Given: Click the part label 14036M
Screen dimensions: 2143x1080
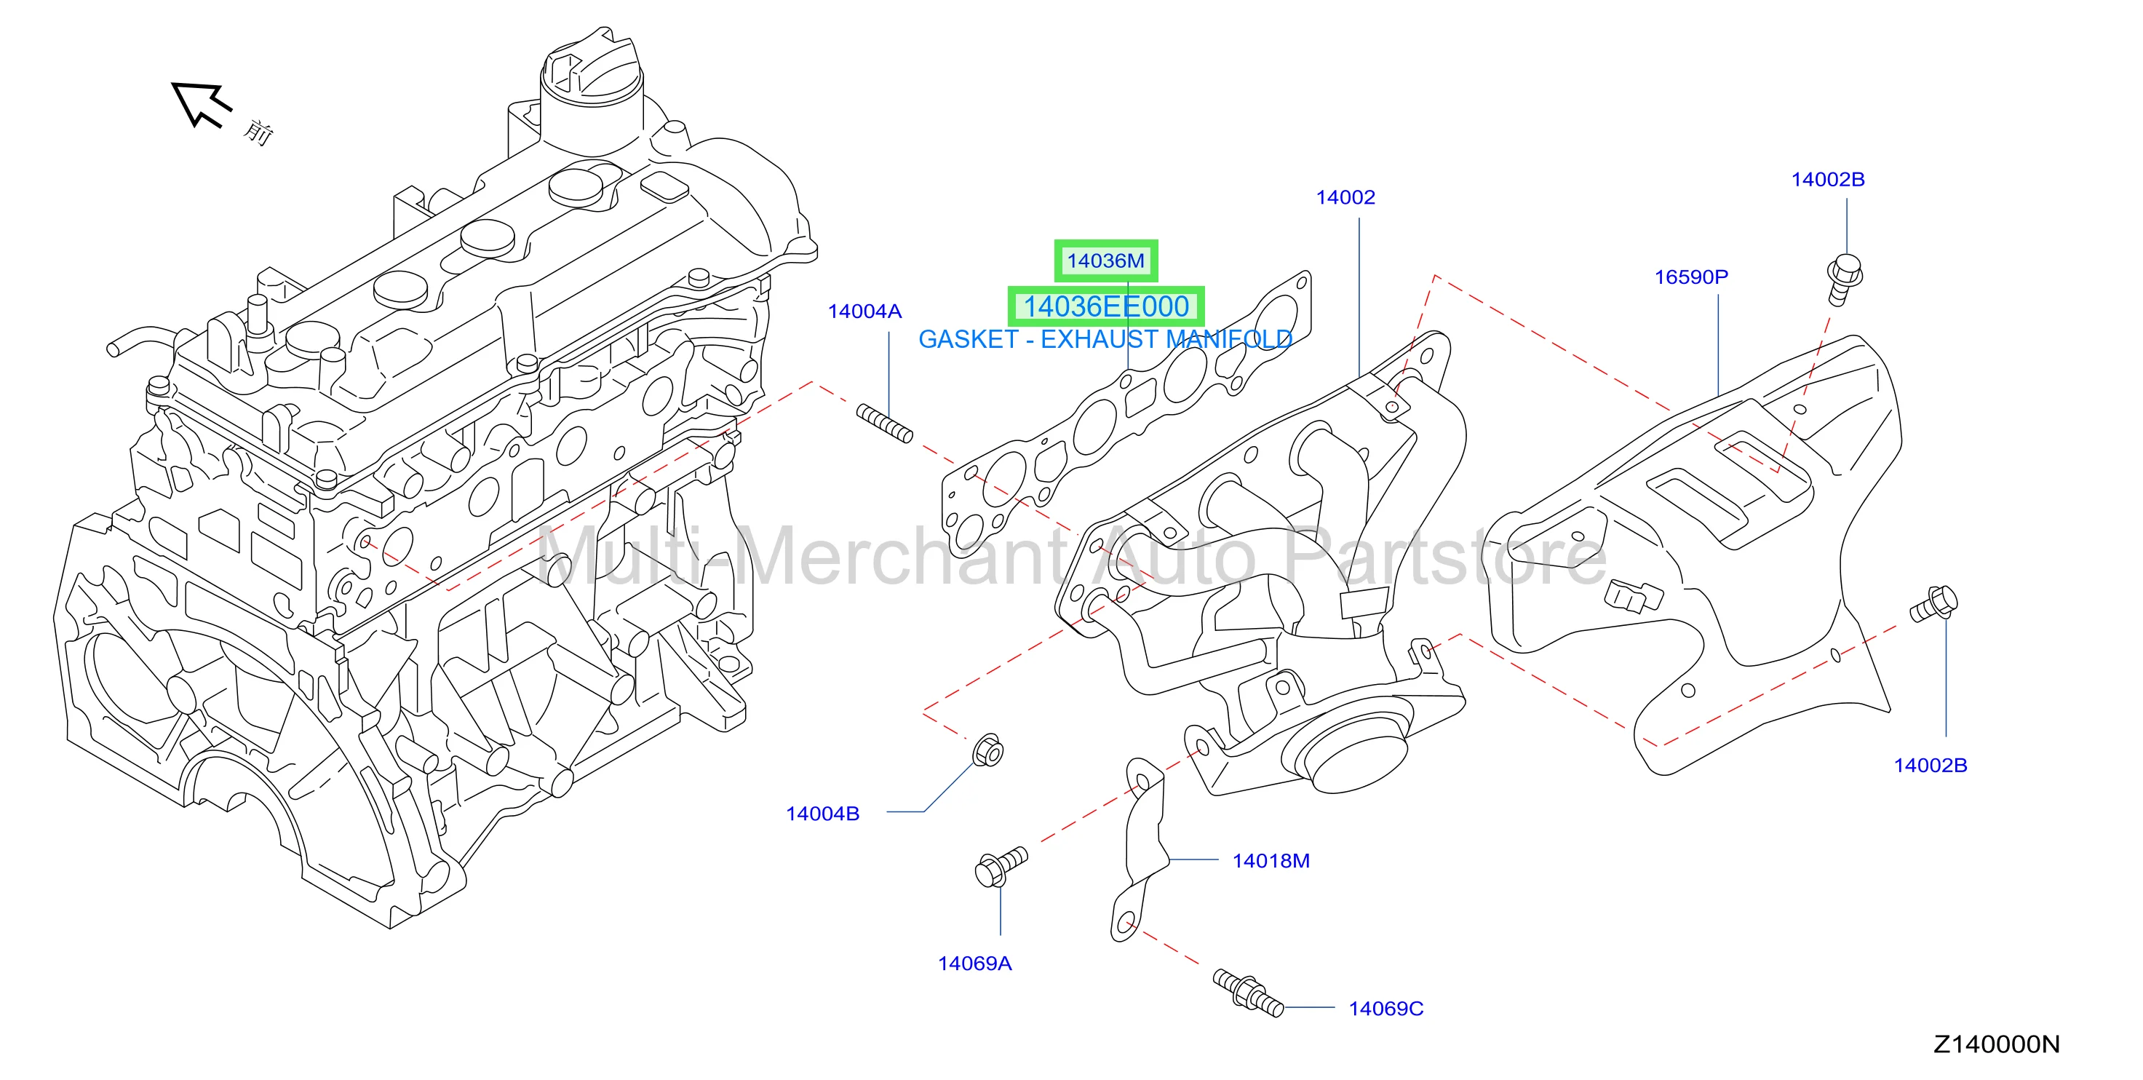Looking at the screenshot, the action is pyautogui.click(x=1105, y=261).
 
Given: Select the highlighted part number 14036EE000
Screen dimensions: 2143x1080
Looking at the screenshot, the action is pyautogui.click(x=1105, y=307).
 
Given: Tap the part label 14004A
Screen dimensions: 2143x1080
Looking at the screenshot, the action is pyautogui.click(x=864, y=311).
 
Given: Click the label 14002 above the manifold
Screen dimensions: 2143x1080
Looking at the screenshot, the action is pyautogui.click(x=1345, y=197).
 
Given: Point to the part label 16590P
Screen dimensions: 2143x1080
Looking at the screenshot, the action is pyautogui.click(x=1690, y=277).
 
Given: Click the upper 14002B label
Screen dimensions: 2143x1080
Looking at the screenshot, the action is pyautogui.click(x=1828, y=180).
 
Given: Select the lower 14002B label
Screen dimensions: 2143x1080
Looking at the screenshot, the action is pyautogui.click(x=1930, y=766).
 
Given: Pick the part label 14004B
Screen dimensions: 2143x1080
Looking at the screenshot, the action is pyautogui.click(x=823, y=814).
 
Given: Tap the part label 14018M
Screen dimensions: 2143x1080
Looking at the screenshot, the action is pyautogui.click(x=1271, y=861).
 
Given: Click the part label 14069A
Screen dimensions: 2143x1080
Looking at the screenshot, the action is pyautogui.click(x=974, y=964).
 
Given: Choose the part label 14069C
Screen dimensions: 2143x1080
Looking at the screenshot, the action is pyautogui.click(x=1386, y=1009).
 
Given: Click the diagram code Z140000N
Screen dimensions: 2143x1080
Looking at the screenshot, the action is pyautogui.click(x=1996, y=1044).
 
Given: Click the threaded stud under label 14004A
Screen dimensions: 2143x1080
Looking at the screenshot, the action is pyautogui.click(x=884, y=423).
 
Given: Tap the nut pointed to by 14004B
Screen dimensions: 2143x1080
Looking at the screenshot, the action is pyautogui.click(x=987, y=751).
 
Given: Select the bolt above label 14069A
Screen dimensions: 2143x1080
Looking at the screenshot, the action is pyautogui.click(x=1001, y=867).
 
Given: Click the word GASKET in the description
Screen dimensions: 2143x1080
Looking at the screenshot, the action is pyautogui.click(x=969, y=339).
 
